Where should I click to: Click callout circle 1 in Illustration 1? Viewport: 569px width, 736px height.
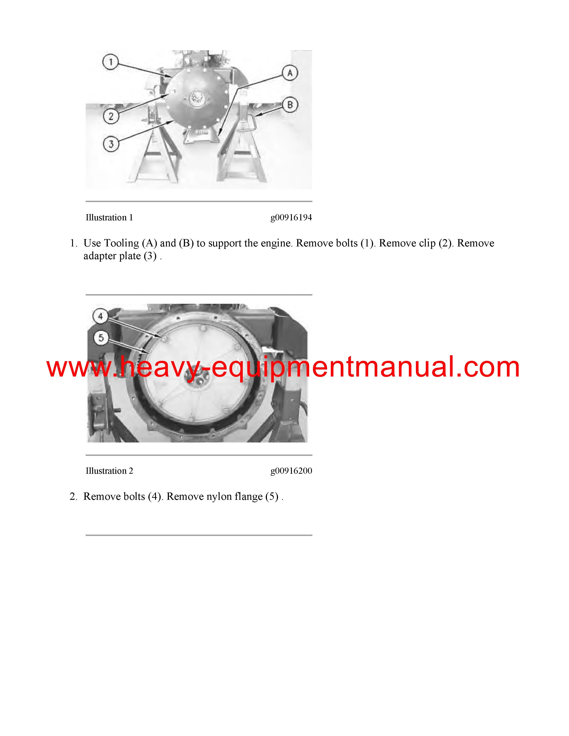coord(110,62)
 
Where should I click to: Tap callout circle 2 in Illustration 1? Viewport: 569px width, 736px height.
coord(111,117)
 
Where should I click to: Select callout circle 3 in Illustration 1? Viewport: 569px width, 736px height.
coord(111,144)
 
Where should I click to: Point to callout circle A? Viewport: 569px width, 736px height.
coord(290,73)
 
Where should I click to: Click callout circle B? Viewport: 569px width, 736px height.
coord(290,105)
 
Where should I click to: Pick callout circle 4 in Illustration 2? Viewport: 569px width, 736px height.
coord(100,316)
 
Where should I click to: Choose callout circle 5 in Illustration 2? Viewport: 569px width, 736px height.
coord(101,338)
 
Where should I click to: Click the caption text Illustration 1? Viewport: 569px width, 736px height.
coord(109,218)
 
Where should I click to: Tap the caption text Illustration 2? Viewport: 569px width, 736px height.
coord(109,471)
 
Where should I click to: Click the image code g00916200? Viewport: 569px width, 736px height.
coord(291,471)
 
